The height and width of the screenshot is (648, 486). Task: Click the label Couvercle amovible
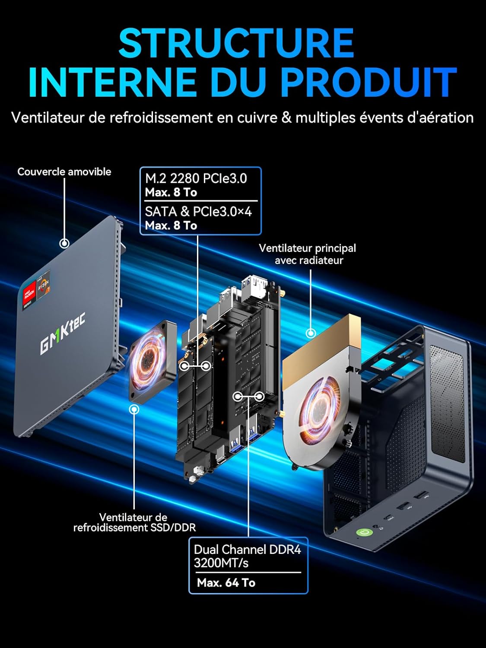(x=64, y=172)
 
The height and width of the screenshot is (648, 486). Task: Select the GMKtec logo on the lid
(x=63, y=333)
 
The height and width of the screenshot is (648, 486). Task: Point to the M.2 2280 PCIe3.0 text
(x=196, y=178)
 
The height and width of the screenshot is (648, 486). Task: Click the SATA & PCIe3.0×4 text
(x=198, y=211)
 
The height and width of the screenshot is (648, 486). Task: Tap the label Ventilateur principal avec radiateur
(x=308, y=254)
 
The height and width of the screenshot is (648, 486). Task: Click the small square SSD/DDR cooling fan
(x=152, y=359)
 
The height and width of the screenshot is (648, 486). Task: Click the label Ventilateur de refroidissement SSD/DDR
(x=134, y=522)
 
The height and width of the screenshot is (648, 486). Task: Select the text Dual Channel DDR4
(x=247, y=550)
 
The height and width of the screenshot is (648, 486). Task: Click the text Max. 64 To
(x=226, y=583)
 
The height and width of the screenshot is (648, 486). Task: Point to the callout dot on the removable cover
(x=64, y=243)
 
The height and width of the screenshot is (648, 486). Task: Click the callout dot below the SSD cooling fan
(x=134, y=408)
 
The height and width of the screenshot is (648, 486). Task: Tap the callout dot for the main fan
(x=310, y=333)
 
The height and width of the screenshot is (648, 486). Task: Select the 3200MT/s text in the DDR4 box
(x=221, y=563)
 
